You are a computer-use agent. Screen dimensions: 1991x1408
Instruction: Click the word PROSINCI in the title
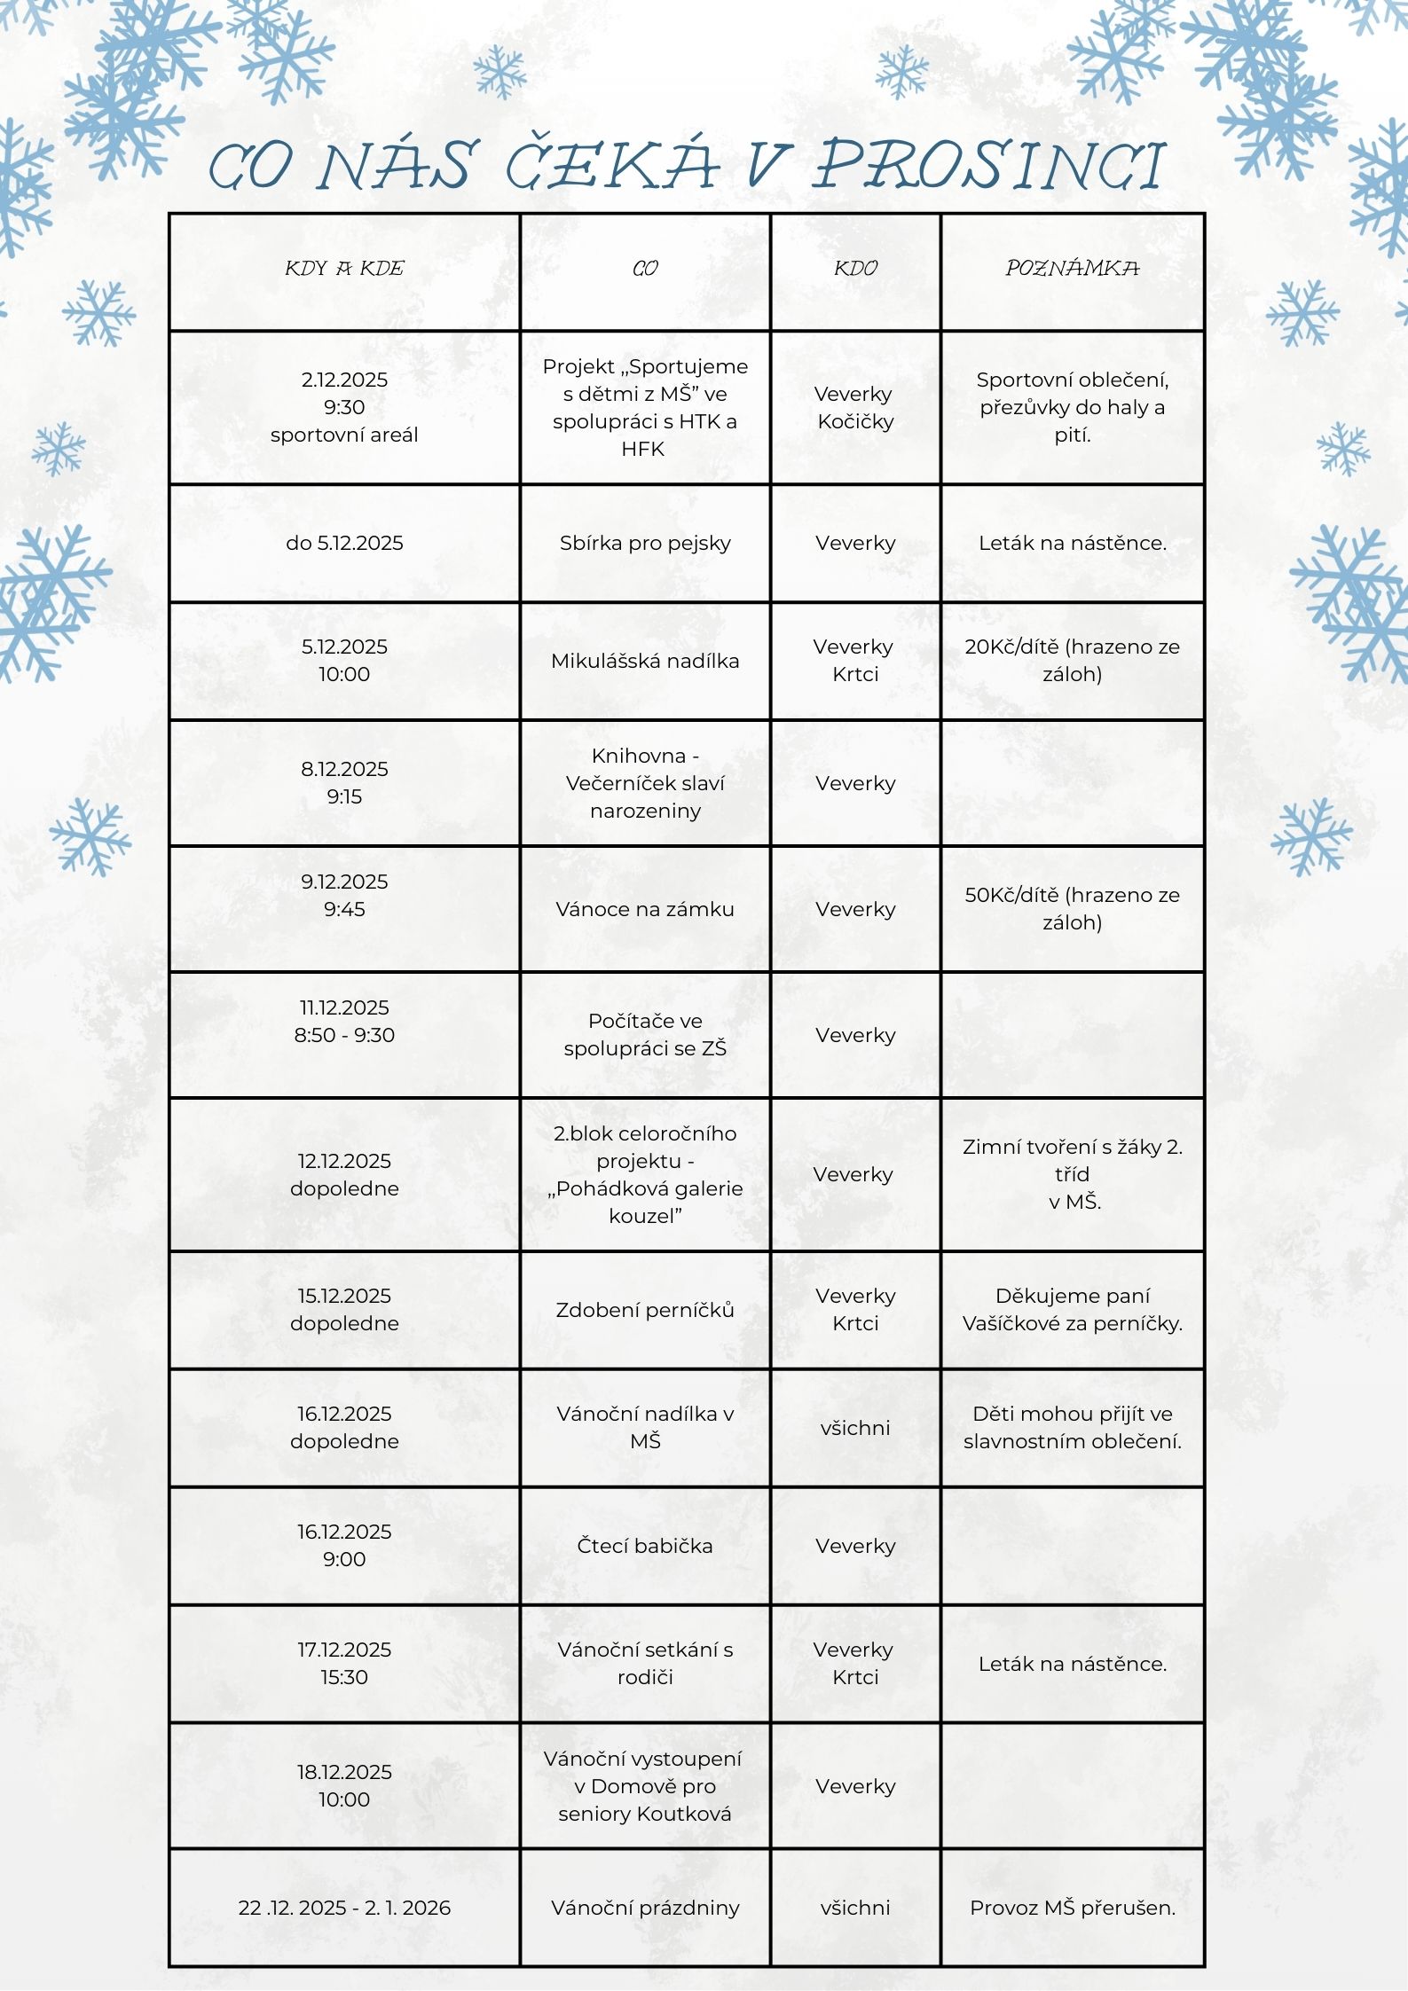pyautogui.click(x=987, y=166)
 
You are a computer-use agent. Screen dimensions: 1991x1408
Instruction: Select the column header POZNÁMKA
pyautogui.click(x=1072, y=269)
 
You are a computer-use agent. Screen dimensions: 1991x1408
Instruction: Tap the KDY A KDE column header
pyautogui.click(x=344, y=269)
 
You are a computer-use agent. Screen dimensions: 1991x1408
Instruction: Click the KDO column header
pyautogui.click(x=855, y=269)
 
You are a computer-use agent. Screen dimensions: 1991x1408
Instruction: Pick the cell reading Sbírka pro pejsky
pyautogui.click(x=645, y=543)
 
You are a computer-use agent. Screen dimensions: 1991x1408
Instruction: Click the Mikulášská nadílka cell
pyautogui.click(x=645, y=661)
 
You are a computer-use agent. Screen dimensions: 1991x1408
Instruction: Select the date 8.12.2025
pyautogui.click(x=344, y=769)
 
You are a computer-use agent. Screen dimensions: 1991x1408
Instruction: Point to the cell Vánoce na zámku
pyautogui.click(x=645, y=909)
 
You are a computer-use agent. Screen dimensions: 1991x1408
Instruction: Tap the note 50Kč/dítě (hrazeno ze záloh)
pyautogui.click(x=1072, y=909)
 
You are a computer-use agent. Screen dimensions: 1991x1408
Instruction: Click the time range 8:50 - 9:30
pyautogui.click(x=344, y=1035)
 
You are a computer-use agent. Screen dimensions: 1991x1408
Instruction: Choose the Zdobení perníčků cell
pyautogui.click(x=645, y=1310)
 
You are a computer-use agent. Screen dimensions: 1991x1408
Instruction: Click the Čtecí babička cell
pyautogui.click(x=645, y=1546)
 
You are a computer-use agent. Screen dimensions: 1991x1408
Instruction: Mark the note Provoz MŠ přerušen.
pyautogui.click(x=1072, y=1908)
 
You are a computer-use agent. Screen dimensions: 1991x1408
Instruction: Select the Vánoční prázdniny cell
pyautogui.click(x=645, y=1908)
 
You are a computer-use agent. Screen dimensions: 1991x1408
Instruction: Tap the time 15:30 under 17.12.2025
pyautogui.click(x=344, y=1677)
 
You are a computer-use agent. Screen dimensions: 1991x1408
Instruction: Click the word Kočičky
pyautogui.click(x=855, y=421)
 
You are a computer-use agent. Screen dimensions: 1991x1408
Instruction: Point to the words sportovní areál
pyautogui.click(x=344, y=435)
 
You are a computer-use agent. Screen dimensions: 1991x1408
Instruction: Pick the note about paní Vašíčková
pyautogui.click(x=1072, y=1310)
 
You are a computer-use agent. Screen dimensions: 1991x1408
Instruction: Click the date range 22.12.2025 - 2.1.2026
pyautogui.click(x=344, y=1908)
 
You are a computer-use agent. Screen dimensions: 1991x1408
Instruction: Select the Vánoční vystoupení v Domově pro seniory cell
pyautogui.click(x=645, y=1786)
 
